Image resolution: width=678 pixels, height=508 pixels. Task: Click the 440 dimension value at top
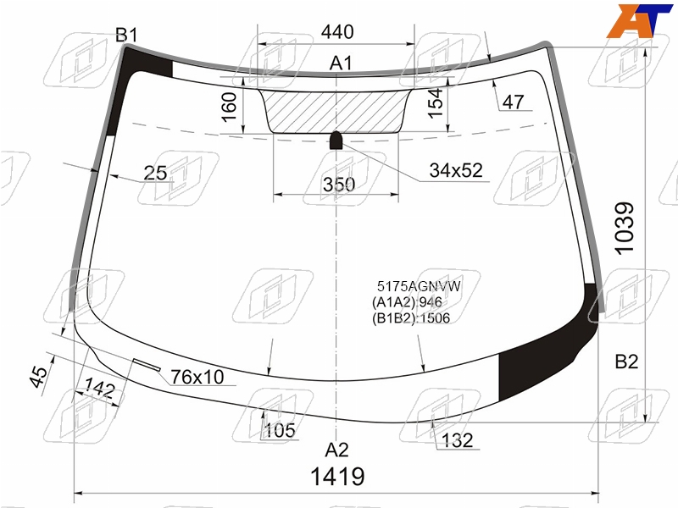(337, 32)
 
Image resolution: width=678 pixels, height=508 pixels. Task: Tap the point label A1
(342, 63)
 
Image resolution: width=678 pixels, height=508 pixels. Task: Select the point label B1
(126, 35)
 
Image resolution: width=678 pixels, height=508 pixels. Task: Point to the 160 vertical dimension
(230, 107)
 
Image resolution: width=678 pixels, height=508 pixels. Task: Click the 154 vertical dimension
(436, 102)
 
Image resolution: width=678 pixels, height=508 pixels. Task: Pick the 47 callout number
(514, 102)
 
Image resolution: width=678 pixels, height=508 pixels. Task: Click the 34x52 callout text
(456, 171)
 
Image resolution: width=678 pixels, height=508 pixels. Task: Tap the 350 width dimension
(339, 185)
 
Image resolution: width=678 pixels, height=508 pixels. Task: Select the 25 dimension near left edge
(155, 174)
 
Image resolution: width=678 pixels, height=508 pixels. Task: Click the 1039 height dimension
(625, 229)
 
